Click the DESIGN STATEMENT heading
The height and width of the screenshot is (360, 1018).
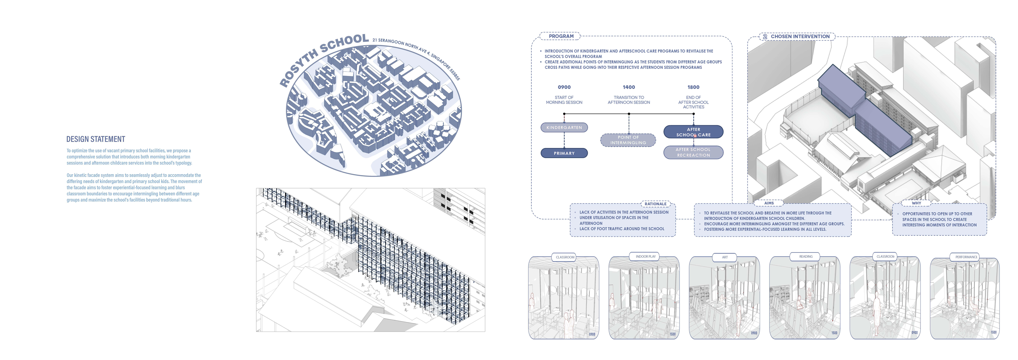tap(96, 139)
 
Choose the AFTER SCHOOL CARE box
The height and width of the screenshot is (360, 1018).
tap(693, 132)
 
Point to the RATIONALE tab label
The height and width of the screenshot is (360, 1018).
tap(655, 204)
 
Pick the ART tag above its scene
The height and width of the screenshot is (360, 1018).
tap(725, 257)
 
